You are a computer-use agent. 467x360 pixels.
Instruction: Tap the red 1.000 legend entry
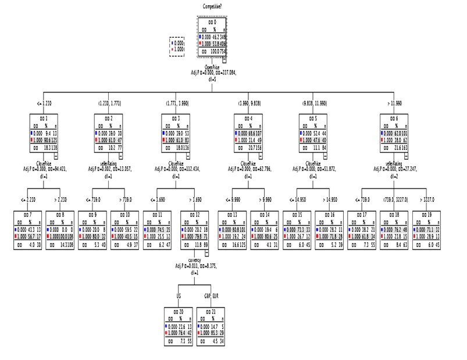(x=177, y=50)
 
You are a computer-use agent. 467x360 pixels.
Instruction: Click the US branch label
(x=179, y=295)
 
